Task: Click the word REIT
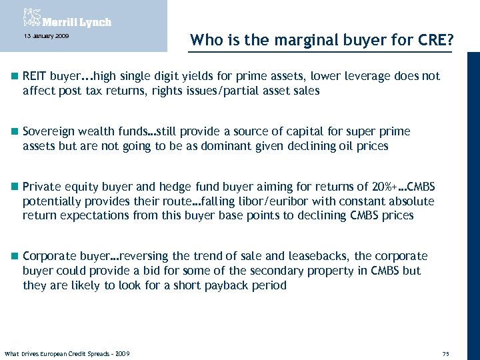pyautogui.click(x=33, y=76)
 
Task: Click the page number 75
pyautogui.click(x=445, y=353)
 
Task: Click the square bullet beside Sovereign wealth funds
pyautogui.click(x=14, y=132)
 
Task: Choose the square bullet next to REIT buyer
pyautogui.click(x=14, y=76)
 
